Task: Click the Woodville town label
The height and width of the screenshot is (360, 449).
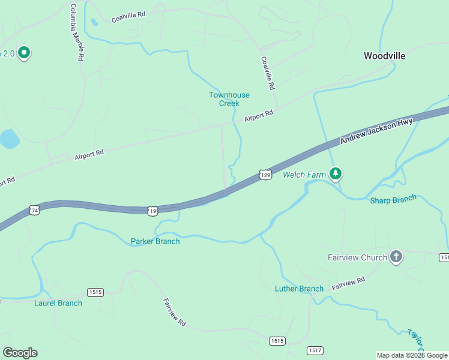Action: click(384, 56)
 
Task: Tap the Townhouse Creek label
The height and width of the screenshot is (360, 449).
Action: click(229, 99)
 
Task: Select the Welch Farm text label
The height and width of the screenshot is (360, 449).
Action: click(304, 175)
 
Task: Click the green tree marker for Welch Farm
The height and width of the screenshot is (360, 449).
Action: click(336, 174)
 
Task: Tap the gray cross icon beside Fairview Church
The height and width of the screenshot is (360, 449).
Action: click(396, 257)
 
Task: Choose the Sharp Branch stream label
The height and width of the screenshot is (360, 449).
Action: click(393, 200)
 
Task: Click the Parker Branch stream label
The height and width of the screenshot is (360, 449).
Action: click(155, 241)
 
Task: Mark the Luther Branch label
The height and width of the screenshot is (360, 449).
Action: click(299, 289)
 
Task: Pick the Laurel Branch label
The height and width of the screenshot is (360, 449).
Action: click(58, 303)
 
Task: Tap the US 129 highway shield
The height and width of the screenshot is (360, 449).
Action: click(265, 175)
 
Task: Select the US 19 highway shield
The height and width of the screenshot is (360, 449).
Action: click(153, 211)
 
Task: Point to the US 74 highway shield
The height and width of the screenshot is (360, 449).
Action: click(34, 211)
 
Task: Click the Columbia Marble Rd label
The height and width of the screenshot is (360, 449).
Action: click(76, 33)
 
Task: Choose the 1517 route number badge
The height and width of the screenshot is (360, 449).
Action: click(315, 350)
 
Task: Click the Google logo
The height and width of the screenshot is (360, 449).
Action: click(20, 353)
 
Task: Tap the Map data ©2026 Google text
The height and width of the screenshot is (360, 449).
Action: click(412, 355)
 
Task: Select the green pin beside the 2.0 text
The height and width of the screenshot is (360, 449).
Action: click(24, 53)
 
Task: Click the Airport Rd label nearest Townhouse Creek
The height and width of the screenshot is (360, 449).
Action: click(259, 116)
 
